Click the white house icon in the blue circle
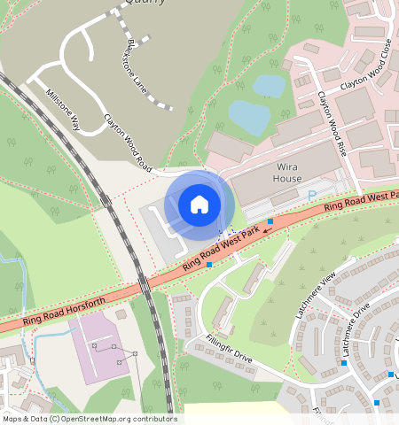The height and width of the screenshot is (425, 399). [x=199, y=205]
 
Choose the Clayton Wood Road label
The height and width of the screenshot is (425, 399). [x=129, y=143]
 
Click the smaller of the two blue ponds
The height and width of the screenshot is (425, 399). [x=270, y=85]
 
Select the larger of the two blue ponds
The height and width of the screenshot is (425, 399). [x=249, y=117]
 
